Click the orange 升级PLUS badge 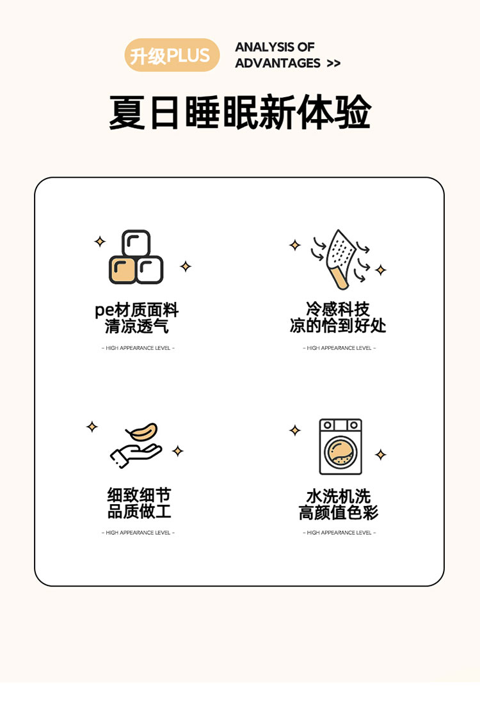point(172,55)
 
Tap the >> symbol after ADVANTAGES point(333,63)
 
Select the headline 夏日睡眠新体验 point(240,111)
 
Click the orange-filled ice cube point(122,270)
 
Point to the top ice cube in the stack point(136,243)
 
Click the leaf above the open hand point(143,432)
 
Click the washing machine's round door point(340,452)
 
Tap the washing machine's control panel point(340,425)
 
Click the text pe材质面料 point(137,310)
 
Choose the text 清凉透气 point(137,326)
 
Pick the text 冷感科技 point(338,309)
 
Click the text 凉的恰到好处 point(338,325)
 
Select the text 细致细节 point(139,495)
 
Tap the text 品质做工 point(139,511)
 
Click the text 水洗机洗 point(339,496)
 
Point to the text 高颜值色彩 point(339,512)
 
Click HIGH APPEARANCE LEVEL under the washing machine point(339,533)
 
